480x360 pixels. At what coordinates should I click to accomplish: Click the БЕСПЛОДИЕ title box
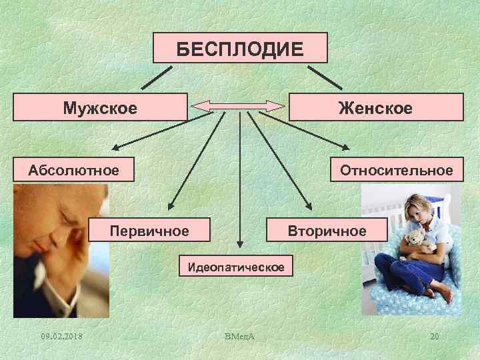(240, 48)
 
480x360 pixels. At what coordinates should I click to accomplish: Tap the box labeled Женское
(375, 107)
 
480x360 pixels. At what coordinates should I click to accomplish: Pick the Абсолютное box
(73, 170)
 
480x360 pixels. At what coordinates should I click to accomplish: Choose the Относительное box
(396, 170)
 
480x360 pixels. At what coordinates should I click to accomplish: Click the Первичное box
(149, 231)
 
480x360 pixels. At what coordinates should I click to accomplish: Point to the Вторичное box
(327, 231)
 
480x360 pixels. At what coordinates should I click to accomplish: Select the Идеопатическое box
(236, 267)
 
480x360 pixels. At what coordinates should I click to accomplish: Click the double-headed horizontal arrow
(239, 105)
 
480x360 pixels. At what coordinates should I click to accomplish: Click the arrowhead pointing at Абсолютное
(115, 149)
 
